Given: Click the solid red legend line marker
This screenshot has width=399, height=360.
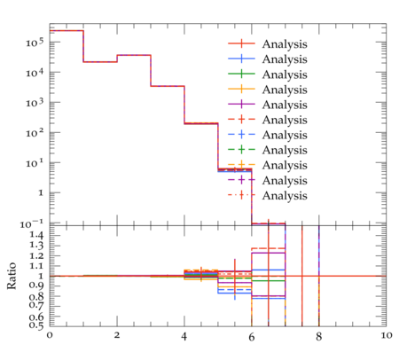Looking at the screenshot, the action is (241, 43).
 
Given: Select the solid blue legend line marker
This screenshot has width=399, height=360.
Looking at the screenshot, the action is (241, 59).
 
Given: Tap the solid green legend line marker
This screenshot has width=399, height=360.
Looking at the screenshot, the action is (241, 74).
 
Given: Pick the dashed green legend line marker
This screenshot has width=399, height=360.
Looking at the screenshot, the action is (241, 150).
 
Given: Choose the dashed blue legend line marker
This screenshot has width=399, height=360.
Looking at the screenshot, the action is (241, 135).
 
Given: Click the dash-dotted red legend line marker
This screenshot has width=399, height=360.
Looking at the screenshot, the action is (241, 195).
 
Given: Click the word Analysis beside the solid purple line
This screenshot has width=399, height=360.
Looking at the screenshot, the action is (285, 105).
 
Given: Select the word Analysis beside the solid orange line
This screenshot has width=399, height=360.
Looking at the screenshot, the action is (285, 90).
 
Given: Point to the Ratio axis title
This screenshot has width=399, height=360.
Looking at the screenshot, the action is (12, 276).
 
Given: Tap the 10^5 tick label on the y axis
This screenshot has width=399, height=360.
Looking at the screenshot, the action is (35, 43).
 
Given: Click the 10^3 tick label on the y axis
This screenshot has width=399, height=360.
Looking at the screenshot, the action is (35, 103).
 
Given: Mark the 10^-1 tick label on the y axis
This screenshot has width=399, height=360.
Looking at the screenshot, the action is (32, 224).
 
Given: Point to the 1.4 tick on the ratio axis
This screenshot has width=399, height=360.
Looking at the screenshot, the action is (36, 235).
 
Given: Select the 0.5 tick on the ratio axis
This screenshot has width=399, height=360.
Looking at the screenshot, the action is (36, 325).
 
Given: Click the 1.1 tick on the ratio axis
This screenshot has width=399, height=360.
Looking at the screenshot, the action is (36, 266).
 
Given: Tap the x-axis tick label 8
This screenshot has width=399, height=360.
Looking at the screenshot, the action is (318, 337).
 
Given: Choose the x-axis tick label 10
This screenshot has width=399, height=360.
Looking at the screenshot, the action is (386, 335).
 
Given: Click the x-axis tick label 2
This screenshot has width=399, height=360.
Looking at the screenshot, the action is (117, 335).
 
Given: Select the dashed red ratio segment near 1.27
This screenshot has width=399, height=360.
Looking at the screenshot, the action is (269, 248).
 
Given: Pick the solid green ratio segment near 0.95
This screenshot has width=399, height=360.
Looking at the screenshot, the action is (269, 280).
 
